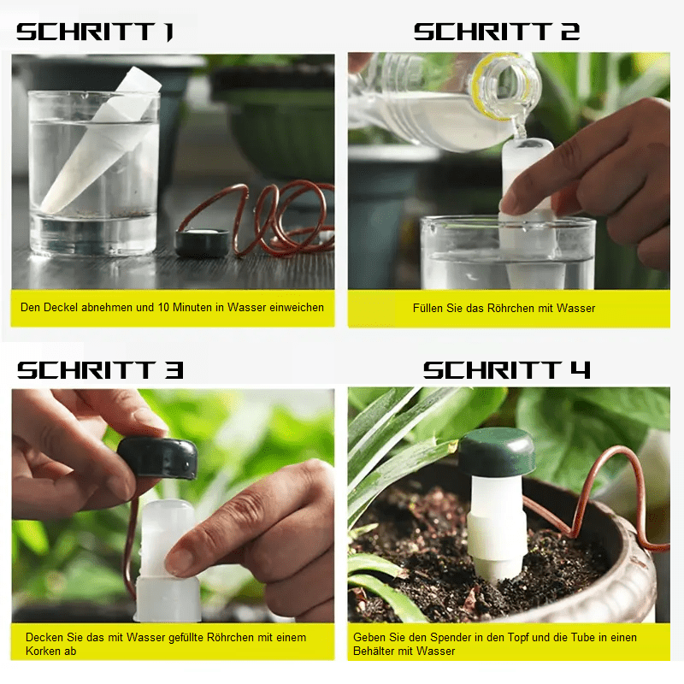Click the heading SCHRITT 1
95,32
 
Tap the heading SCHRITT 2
497,32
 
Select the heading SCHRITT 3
100,370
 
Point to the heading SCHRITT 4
506,370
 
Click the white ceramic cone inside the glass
100,139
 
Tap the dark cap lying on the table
203,242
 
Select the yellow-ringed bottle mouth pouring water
506,87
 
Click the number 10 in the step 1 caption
163,307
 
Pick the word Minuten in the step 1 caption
190,307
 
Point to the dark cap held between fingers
158,457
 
